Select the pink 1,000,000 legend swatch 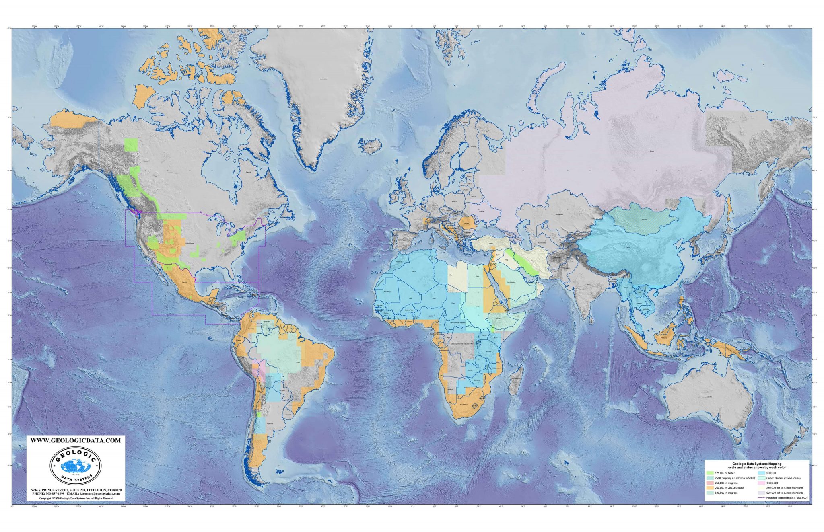click(761, 483)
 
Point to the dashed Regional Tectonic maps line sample click(761, 498)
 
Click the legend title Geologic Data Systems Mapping click(756, 464)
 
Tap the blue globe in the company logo click(75, 466)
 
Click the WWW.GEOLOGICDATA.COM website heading click(76, 440)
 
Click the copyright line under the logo click(76, 498)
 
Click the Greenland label click(323, 80)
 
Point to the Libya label click(451, 275)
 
